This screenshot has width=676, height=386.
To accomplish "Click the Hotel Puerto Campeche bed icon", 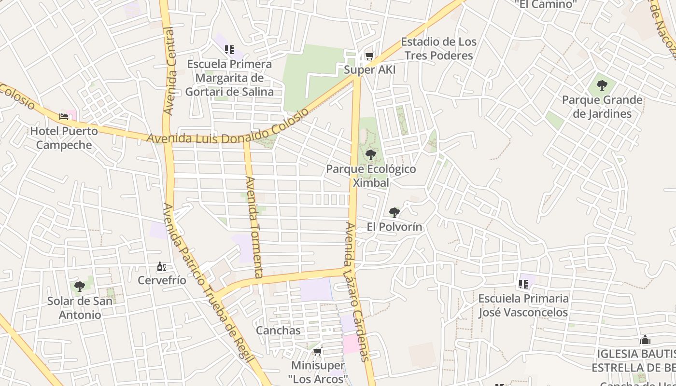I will (64, 116).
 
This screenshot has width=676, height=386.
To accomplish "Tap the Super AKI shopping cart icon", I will (369, 56).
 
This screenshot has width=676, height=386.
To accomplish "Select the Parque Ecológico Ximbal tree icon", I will (370, 155).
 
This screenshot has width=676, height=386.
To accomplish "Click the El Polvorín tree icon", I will (394, 212).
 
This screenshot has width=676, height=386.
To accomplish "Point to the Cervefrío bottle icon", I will (161, 267).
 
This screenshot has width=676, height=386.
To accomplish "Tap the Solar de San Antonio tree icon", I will (80, 287).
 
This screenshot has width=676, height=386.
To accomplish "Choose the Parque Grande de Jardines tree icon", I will (602, 86).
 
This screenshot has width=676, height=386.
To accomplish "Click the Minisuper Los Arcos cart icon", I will (317, 351).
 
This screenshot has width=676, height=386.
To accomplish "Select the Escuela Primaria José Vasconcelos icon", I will (523, 284).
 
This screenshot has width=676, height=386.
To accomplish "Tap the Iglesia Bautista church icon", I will (645, 340).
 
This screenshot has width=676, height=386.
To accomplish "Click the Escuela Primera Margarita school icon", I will (229, 50).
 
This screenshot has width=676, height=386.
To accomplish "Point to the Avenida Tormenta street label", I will (254, 227).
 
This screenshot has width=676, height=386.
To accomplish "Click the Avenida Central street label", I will (169, 71).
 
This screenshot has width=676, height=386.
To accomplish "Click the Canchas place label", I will (278, 331).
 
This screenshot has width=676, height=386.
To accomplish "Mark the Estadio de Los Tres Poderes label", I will (438, 49).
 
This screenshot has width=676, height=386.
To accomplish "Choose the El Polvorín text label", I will (394, 227).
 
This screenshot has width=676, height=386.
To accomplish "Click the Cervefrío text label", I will (162, 280).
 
